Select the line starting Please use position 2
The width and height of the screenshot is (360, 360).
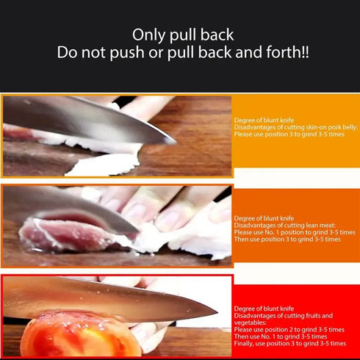(x=289, y=329)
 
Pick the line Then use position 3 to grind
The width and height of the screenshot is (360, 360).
(x=287, y=239)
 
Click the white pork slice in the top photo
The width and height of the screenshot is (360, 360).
(x=103, y=163)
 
